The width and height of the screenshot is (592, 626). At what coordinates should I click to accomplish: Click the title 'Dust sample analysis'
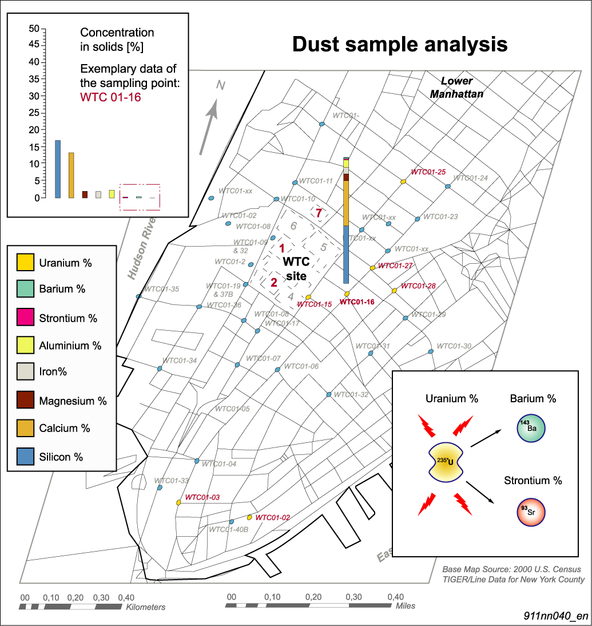coord(400,44)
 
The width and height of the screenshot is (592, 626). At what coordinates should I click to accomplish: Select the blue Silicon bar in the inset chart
coord(58,169)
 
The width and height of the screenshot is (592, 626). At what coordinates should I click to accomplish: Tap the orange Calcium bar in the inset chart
coord(71,175)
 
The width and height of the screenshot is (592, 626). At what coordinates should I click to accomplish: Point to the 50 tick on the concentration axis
coord(34,29)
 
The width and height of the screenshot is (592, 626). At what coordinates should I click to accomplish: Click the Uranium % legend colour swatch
coord(25,262)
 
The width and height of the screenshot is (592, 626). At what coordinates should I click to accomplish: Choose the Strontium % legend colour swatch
coord(25,317)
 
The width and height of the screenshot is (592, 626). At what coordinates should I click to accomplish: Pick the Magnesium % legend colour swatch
coord(25,399)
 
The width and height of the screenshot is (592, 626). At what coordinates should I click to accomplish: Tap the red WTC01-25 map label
coord(428,172)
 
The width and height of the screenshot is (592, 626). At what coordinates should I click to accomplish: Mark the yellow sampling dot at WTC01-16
coord(347,294)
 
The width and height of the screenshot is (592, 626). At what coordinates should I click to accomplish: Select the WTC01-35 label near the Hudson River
coord(162,289)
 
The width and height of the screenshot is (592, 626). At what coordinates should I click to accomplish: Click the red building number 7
coord(319,213)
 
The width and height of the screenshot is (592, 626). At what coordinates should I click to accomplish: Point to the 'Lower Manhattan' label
coord(456,88)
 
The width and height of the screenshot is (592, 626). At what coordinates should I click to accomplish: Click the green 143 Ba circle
coord(531,429)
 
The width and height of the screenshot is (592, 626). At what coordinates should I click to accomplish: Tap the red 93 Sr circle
coord(531,512)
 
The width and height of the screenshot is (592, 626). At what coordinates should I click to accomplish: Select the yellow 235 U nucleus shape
coord(446,462)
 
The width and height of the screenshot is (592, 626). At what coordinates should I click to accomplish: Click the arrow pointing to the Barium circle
coord(486,438)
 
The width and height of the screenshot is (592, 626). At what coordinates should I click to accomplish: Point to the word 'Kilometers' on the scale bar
coord(146,607)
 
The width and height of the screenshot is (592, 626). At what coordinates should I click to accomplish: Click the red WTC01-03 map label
coord(202,497)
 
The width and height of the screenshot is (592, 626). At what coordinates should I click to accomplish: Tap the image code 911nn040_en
coord(556,616)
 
